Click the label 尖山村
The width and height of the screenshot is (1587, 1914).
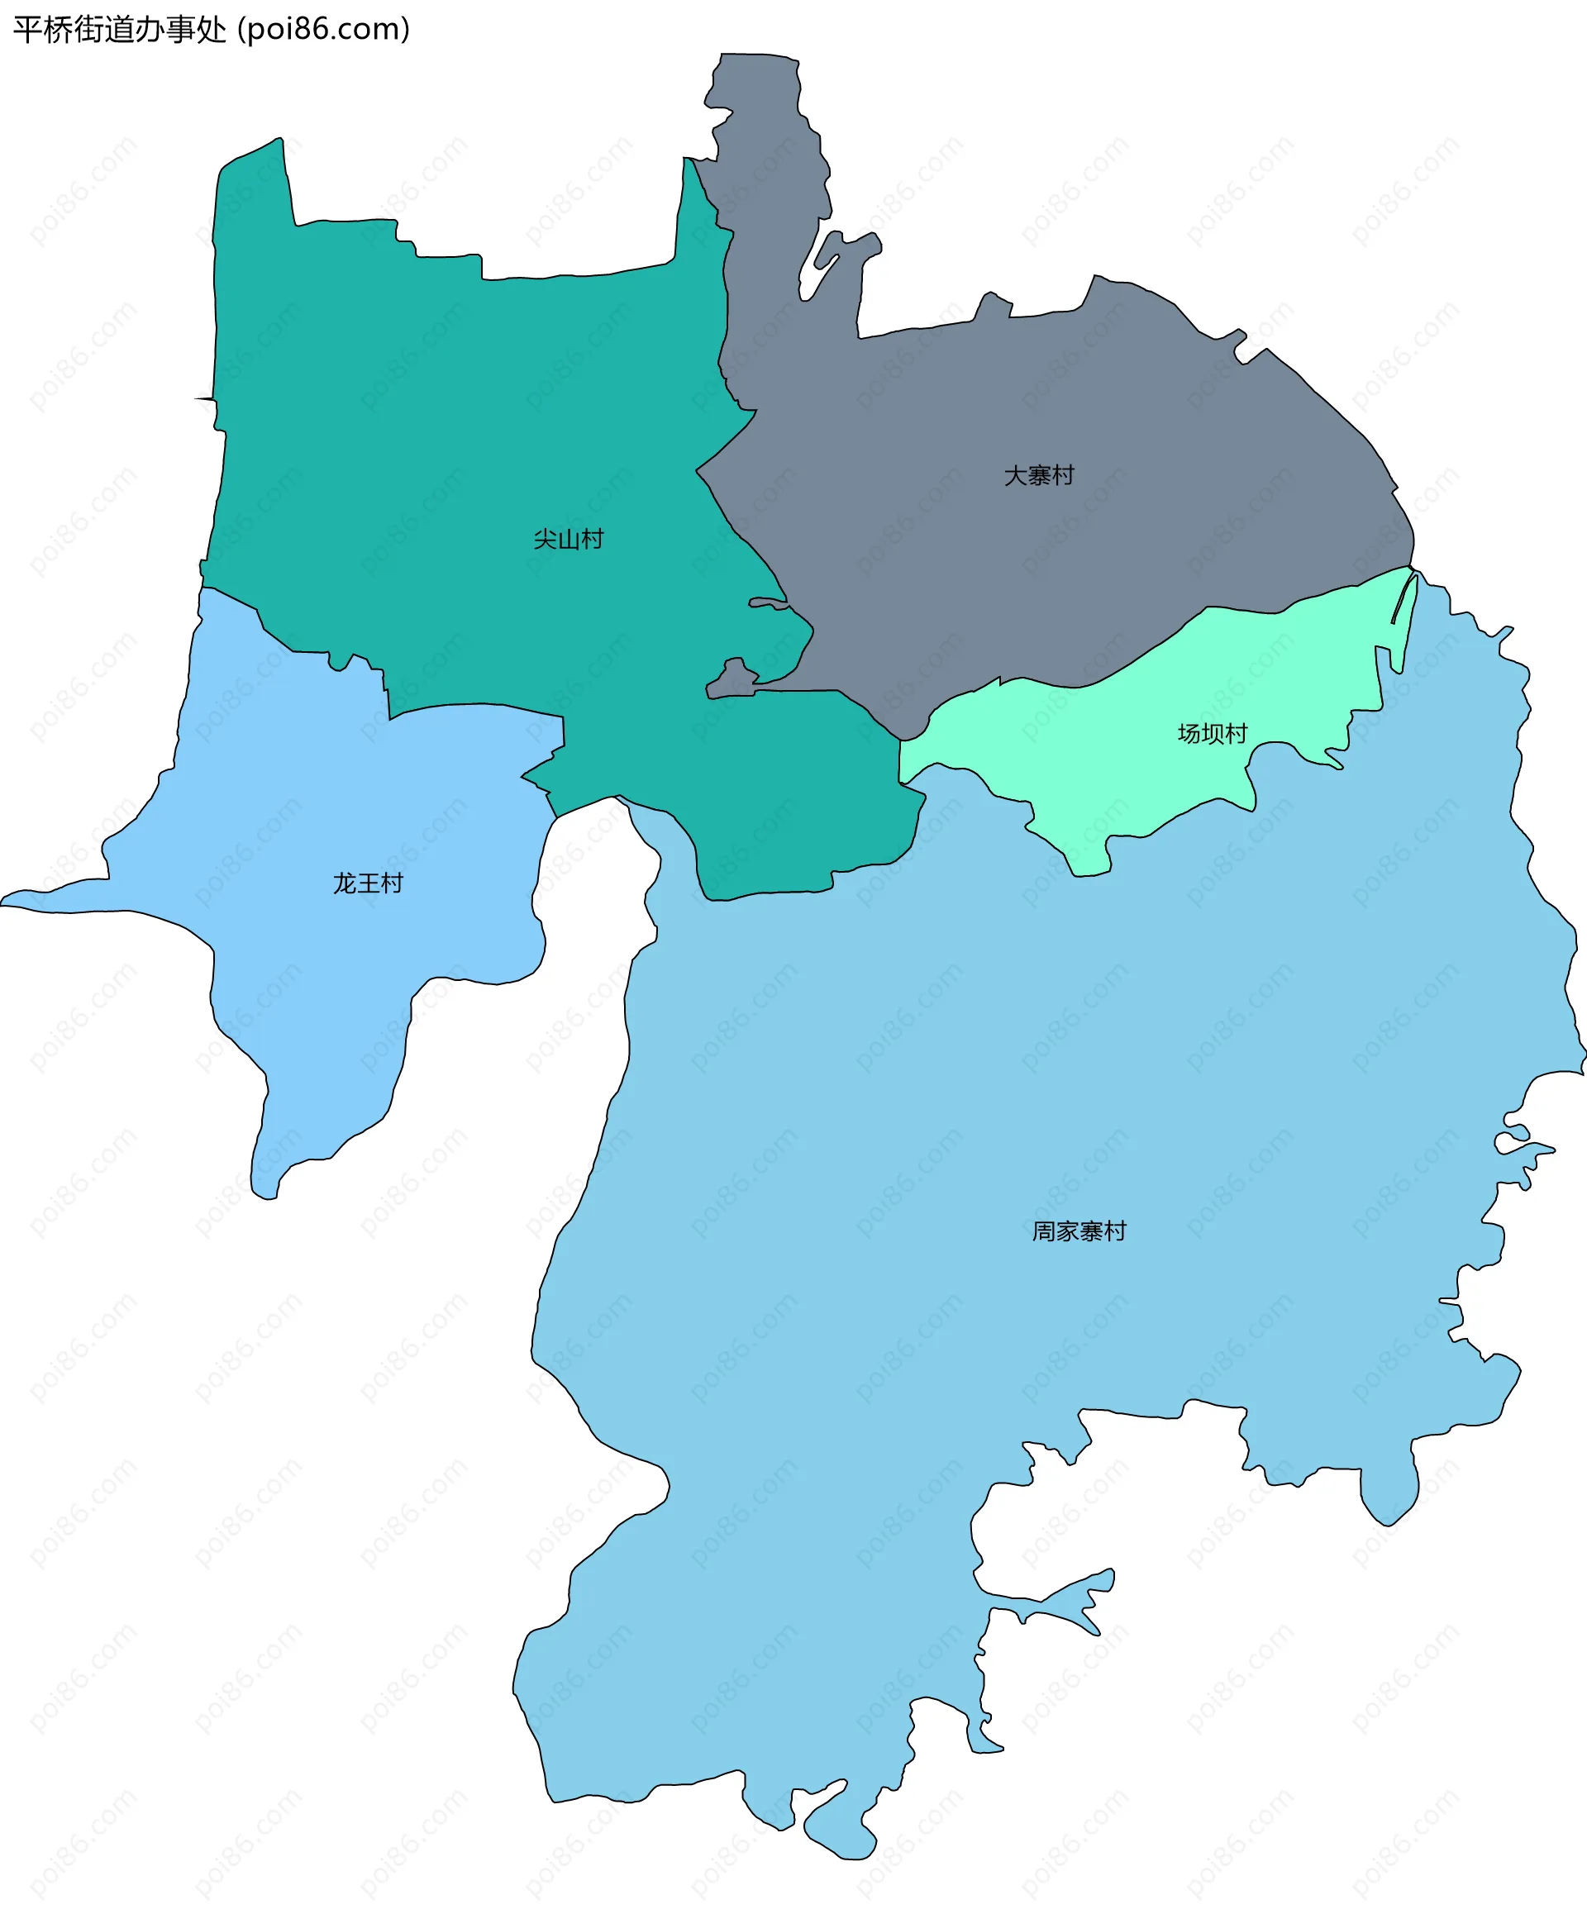pyautogui.click(x=568, y=540)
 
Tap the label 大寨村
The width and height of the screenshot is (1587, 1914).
pyautogui.click(x=1038, y=476)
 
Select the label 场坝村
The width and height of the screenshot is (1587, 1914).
pyautogui.click(x=1212, y=734)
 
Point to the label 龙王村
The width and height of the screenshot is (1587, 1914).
pyautogui.click(x=367, y=883)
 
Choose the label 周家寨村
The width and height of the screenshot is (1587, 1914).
pyautogui.click(x=1079, y=1231)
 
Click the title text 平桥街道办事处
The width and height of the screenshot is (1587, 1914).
pyautogui.click(x=119, y=30)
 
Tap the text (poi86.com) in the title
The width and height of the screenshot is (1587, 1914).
pyautogui.click(x=323, y=30)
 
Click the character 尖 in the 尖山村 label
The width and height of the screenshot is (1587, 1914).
pyautogui.click(x=545, y=540)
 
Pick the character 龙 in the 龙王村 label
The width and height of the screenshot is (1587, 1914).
pyautogui.click(x=345, y=883)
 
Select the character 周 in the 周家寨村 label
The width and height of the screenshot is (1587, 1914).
pyautogui.click(x=1044, y=1231)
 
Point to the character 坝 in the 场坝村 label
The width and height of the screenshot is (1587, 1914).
pyautogui.click(x=1213, y=734)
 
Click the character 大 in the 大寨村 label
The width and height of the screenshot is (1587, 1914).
pyautogui.click(x=1016, y=476)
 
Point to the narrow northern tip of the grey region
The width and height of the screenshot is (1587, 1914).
pyautogui.click(x=756, y=69)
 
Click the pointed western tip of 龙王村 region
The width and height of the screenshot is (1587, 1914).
pyautogui.click(x=7, y=902)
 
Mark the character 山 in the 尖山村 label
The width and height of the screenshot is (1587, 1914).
pyautogui.click(x=569, y=540)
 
